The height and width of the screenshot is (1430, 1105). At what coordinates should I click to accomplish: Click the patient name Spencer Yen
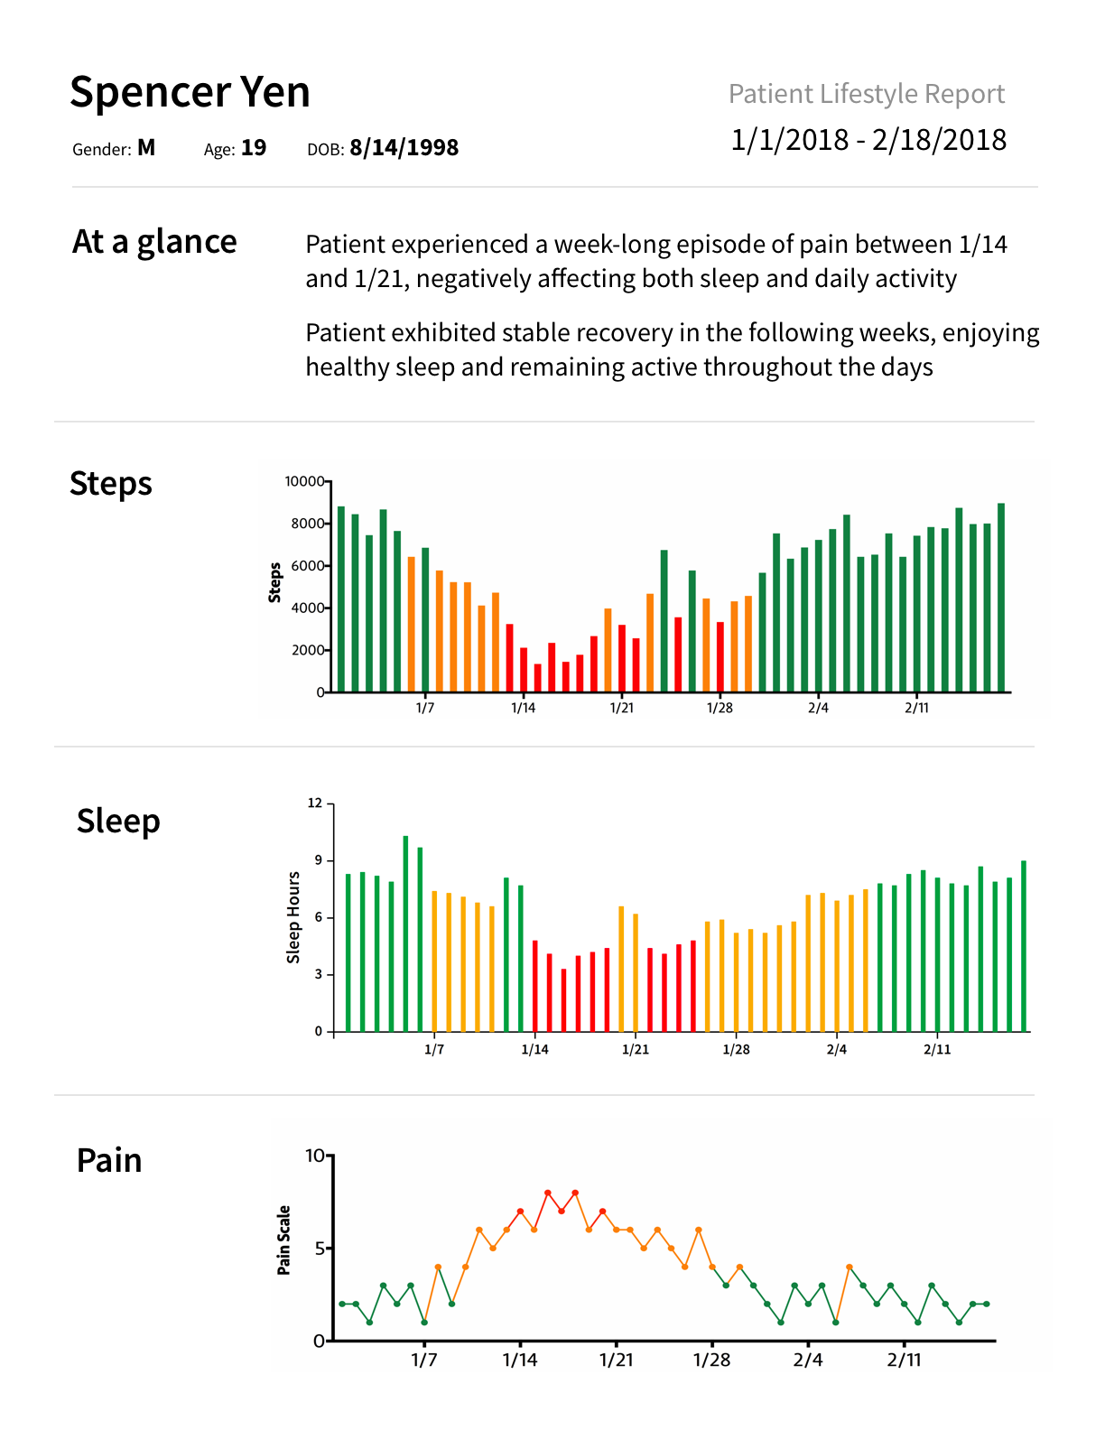click(190, 92)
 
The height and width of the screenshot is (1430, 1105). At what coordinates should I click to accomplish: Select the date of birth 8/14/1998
click(404, 148)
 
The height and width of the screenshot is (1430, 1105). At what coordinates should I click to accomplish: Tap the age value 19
click(254, 148)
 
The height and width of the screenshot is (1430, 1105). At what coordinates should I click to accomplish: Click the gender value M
click(146, 148)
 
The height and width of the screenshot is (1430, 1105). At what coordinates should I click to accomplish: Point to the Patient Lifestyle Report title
click(866, 94)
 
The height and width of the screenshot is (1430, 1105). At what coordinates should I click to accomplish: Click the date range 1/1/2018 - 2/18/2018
click(868, 140)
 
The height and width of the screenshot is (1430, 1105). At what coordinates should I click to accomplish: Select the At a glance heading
click(154, 242)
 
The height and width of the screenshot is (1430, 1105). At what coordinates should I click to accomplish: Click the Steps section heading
click(111, 484)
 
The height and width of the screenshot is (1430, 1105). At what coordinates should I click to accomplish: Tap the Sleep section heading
click(118, 822)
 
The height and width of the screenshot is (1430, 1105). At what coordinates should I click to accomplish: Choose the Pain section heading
click(109, 1161)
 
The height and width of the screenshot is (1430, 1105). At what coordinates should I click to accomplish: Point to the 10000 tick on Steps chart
click(304, 481)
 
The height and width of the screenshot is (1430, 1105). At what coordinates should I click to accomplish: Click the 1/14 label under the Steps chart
click(524, 708)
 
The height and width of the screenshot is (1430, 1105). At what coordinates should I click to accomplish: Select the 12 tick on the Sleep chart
click(315, 803)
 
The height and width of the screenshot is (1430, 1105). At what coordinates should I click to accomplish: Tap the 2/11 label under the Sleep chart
click(937, 1049)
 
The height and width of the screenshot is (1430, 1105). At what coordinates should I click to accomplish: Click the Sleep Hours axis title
click(293, 917)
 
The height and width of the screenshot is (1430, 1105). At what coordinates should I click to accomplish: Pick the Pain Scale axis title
click(284, 1240)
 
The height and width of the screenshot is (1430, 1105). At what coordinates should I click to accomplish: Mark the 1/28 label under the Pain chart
click(711, 1360)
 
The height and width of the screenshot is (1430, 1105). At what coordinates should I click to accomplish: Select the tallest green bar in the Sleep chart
click(405, 933)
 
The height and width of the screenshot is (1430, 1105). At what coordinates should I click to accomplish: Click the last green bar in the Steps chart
click(1001, 598)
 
